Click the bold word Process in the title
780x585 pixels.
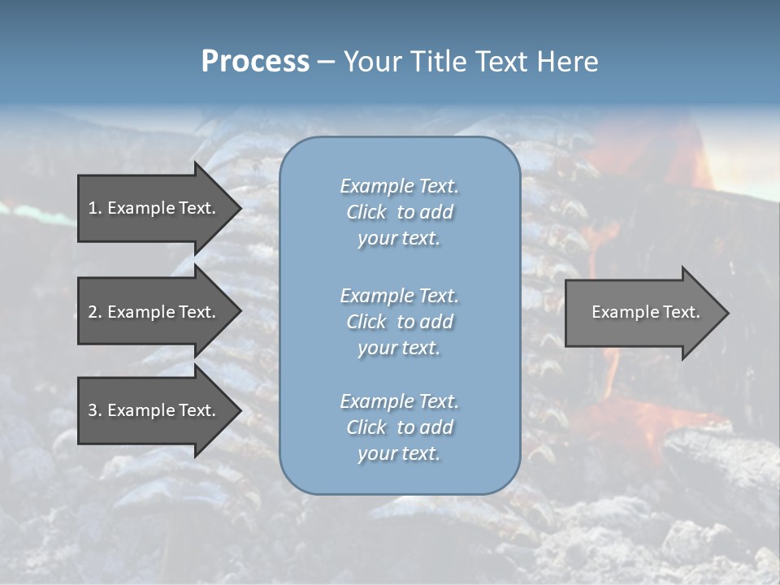click(255, 62)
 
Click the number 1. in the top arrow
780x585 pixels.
click(95, 208)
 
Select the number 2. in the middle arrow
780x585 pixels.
click(95, 312)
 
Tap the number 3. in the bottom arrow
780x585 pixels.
click(95, 410)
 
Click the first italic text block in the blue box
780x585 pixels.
click(399, 212)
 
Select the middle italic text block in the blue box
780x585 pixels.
click(399, 322)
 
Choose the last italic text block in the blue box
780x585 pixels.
click(399, 427)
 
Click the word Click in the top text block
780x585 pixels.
click(366, 212)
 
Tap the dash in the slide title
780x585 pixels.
click(326, 62)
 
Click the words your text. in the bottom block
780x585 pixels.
click(399, 453)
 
